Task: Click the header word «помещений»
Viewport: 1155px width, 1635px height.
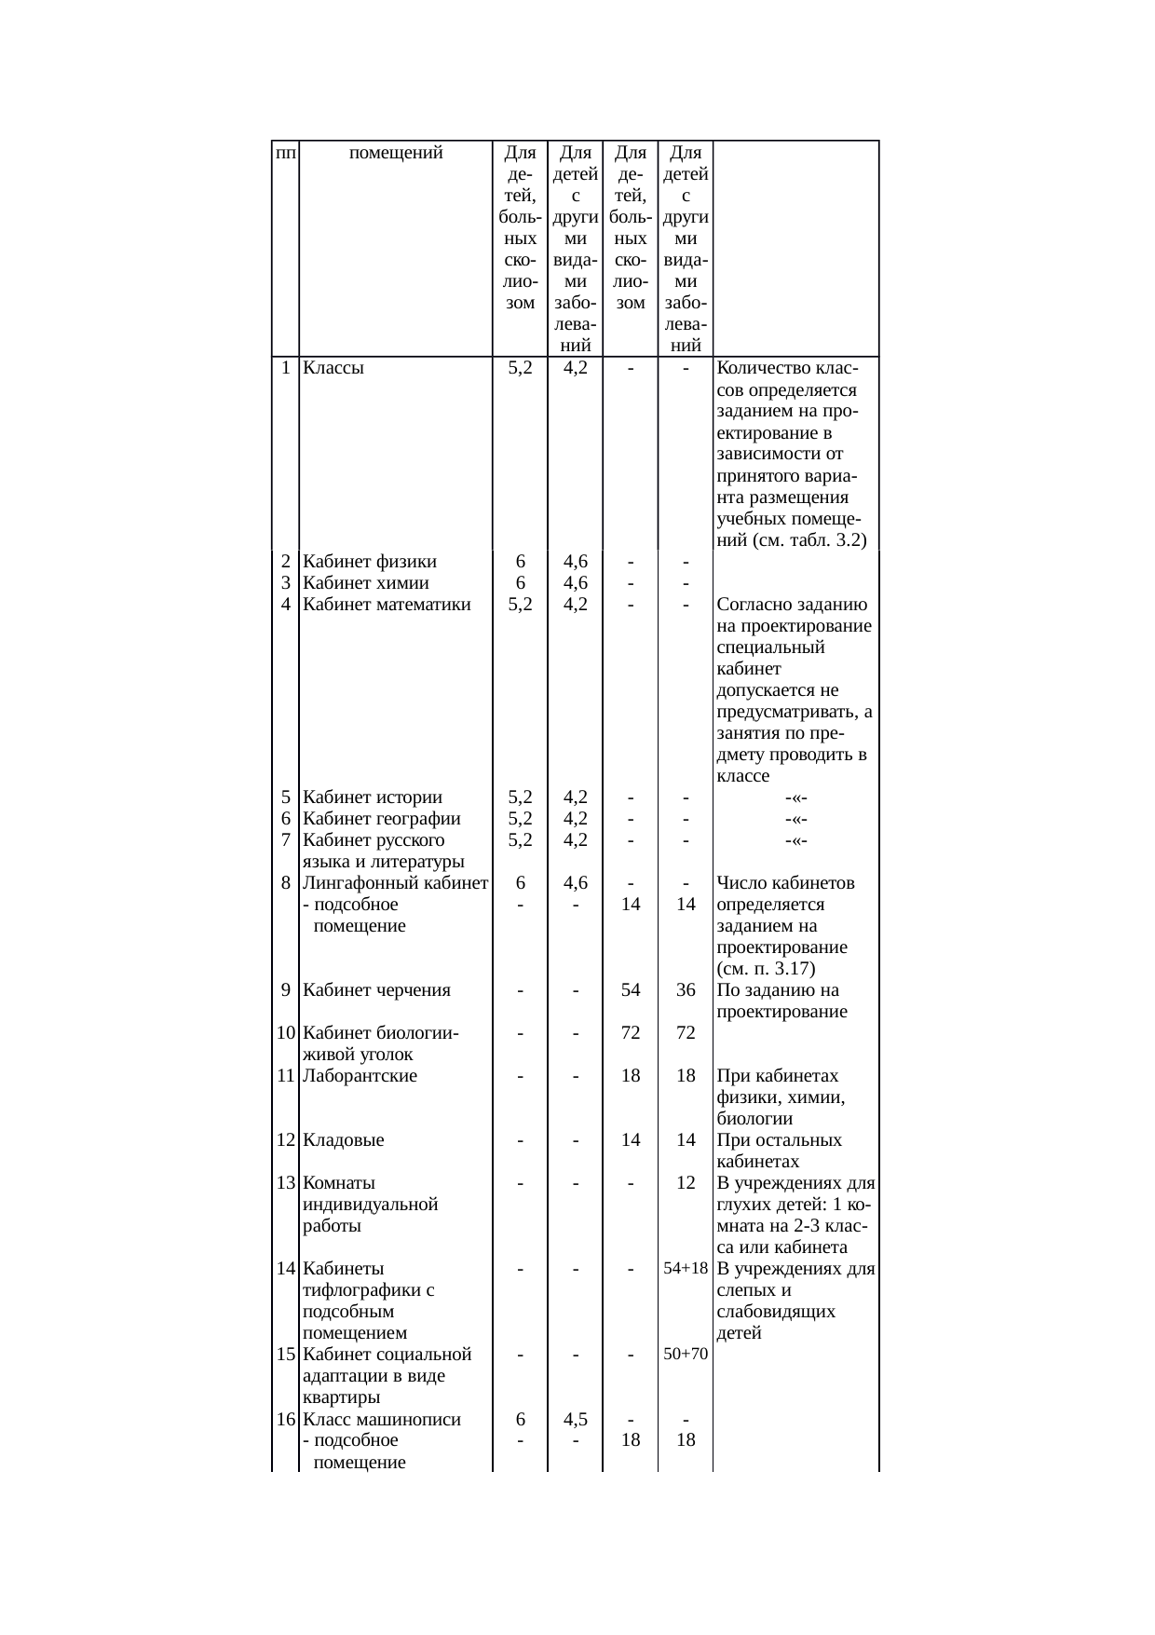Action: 395,153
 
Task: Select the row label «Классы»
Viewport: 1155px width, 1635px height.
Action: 333,368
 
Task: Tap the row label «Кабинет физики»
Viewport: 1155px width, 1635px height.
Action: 370,562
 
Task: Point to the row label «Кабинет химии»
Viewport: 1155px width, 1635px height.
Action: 366,583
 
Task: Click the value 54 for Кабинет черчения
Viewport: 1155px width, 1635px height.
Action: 631,990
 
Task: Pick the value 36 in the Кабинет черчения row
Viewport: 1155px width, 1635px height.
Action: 686,990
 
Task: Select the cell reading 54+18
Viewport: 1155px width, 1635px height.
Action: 686,1269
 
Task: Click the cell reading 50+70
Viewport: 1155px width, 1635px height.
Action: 686,1355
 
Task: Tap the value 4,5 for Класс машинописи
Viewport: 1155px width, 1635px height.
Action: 576,1420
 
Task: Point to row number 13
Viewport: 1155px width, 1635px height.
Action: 286,1183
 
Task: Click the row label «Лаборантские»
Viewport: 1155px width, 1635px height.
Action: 360,1076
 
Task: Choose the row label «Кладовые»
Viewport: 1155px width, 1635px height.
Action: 344,1140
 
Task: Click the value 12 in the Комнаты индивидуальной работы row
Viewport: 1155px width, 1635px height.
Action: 686,1183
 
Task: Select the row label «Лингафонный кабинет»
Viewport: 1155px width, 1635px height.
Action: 396,883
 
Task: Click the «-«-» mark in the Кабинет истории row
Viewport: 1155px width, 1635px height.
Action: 795,798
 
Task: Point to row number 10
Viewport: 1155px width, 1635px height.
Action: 286,1033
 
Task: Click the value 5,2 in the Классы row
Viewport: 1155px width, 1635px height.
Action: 520,368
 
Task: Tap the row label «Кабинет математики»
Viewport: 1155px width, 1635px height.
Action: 387,605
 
